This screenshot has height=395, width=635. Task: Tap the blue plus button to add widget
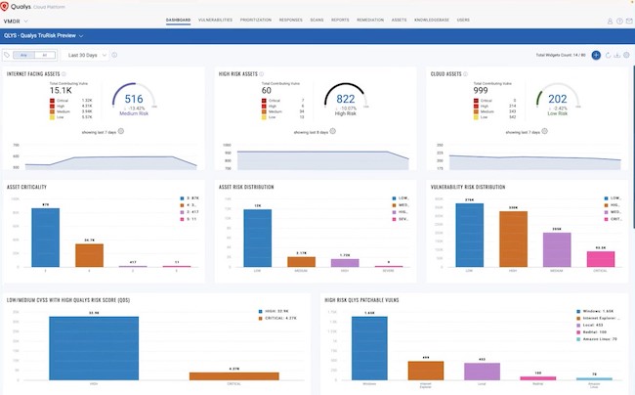pos(596,56)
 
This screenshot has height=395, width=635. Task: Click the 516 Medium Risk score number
pos(135,99)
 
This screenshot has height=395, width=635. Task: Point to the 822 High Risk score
pos(346,99)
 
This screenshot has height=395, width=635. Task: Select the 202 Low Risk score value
pos(558,99)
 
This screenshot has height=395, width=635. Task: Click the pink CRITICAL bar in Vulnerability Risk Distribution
pos(600,259)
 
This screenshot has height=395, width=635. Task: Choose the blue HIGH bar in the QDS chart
pos(95,348)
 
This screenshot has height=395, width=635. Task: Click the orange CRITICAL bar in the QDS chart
pos(234,375)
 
